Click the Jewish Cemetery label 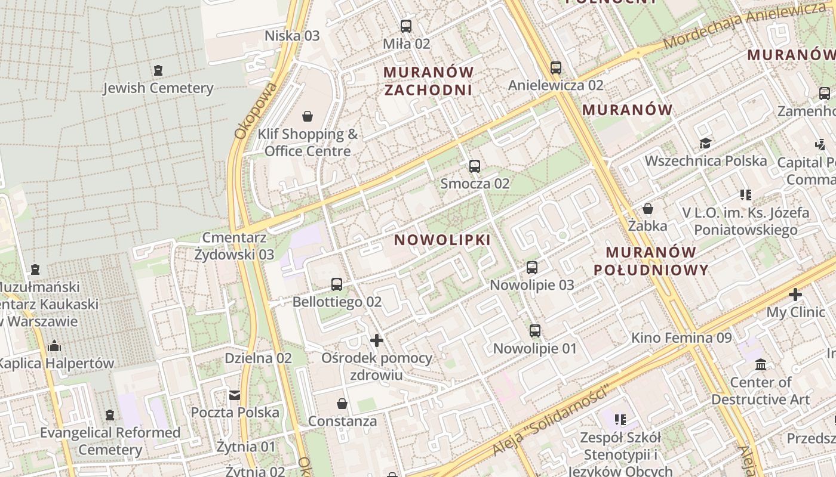click(158, 88)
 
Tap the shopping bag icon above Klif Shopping click(308, 116)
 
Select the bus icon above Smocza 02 click(475, 166)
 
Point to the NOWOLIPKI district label click(442, 240)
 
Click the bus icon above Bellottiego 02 click(337, 284)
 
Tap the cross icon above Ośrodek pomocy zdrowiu click(377, 340)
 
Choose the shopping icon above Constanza click(342, 404)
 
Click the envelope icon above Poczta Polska click(235, 395)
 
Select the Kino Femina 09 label click(681, 338)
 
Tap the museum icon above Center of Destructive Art click(761, 364)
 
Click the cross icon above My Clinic click(795, 295)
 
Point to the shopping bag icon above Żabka click(647, 209)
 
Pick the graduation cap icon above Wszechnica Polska click(705, 143)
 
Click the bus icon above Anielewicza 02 click(556, 67)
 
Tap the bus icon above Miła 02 click(406, 26)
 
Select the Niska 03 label click(292, 36)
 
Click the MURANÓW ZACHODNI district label click(428, 81)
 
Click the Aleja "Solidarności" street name click(550, 421)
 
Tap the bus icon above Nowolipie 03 click(532, 268)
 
